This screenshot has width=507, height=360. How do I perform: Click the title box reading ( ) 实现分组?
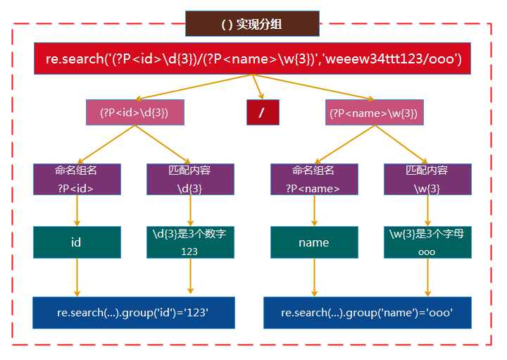click(x=252, y=24)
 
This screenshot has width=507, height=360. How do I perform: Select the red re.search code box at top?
click(x=254, y=58)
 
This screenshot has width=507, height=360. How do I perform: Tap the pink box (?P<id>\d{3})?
click(x=133, y=112)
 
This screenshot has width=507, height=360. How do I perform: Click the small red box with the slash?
click(x=263, y=112)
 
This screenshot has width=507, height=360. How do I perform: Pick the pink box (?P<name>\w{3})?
click(x=374, y=112)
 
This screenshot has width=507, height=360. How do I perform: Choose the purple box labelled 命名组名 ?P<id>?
click(x=76, y=179)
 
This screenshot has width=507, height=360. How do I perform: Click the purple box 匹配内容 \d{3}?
click(x=189, y=179)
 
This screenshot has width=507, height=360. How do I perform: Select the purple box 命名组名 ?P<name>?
click(x=313, y=179)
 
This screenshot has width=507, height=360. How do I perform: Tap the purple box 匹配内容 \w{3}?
click(x=427, y=179)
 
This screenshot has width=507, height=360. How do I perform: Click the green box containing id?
click(x=76, y=242)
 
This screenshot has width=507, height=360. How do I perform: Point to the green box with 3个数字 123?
click(x=189, y=242)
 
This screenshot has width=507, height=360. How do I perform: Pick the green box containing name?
click(x=313, y=242)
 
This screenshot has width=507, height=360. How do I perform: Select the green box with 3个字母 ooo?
click(x=427, y=242)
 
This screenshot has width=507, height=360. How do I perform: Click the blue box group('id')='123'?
click(x=134, y=312)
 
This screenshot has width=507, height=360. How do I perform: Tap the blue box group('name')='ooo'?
click(x=367, y=312)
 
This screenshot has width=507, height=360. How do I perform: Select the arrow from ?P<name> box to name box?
click(x=313, y=211)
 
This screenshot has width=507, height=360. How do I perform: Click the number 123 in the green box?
click(x=189, y=252)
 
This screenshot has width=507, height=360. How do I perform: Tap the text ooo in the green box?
click(x=427, y=252)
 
